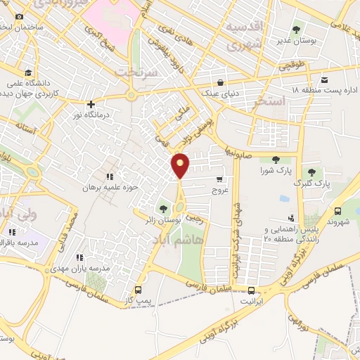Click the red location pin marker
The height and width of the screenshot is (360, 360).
[181, 165]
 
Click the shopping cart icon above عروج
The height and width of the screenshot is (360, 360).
[219, 179]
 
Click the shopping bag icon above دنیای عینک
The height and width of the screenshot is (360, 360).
[221, 81]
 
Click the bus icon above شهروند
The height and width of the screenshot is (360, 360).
[337, 210]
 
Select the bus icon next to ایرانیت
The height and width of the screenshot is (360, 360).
[251, 290]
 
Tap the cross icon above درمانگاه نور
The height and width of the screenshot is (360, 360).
[91, 104]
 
